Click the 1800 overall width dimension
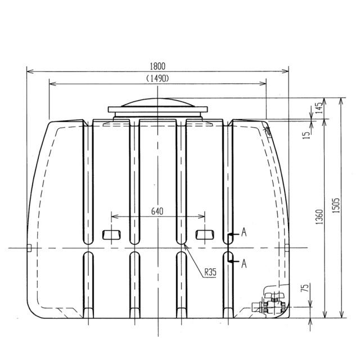click(157, 66)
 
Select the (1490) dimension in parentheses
click(157, 79)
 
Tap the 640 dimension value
click(157, 211)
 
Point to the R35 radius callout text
click(210, 272)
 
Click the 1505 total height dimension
click(336, 205)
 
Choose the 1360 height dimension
click(319, 217)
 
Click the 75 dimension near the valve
click(304, 288)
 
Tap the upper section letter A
click(244, 232)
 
